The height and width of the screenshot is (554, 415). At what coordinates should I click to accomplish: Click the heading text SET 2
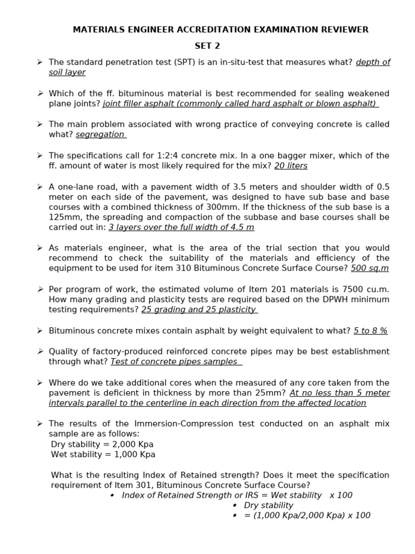click(x=207, y=45)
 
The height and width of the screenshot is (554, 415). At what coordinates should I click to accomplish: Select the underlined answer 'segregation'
click(x=101, y=134)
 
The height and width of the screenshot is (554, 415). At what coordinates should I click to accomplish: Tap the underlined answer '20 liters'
click(x=291, y=166)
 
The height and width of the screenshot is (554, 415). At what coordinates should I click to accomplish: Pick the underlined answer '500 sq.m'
click(x=370, y=268)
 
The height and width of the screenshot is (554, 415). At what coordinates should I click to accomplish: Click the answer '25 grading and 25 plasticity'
click(x=199, y=309)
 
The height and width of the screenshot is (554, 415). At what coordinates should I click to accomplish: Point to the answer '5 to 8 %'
click(x=370, y=331)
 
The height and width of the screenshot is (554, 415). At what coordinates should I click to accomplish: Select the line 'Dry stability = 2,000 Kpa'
click(x=102, y=444)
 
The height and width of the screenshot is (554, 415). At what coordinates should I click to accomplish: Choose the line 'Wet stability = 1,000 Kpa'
click(x=103, y=454)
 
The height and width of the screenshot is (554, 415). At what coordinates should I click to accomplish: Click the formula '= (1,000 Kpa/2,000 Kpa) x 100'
click(x=307, y=515)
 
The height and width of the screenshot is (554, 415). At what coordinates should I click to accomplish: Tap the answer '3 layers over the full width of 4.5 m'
click(x=181, y=227)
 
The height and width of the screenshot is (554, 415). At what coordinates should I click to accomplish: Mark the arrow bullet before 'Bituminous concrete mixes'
click(x=40, y=331)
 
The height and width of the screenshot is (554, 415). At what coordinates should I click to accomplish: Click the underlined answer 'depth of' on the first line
click(x=373, y=62)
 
